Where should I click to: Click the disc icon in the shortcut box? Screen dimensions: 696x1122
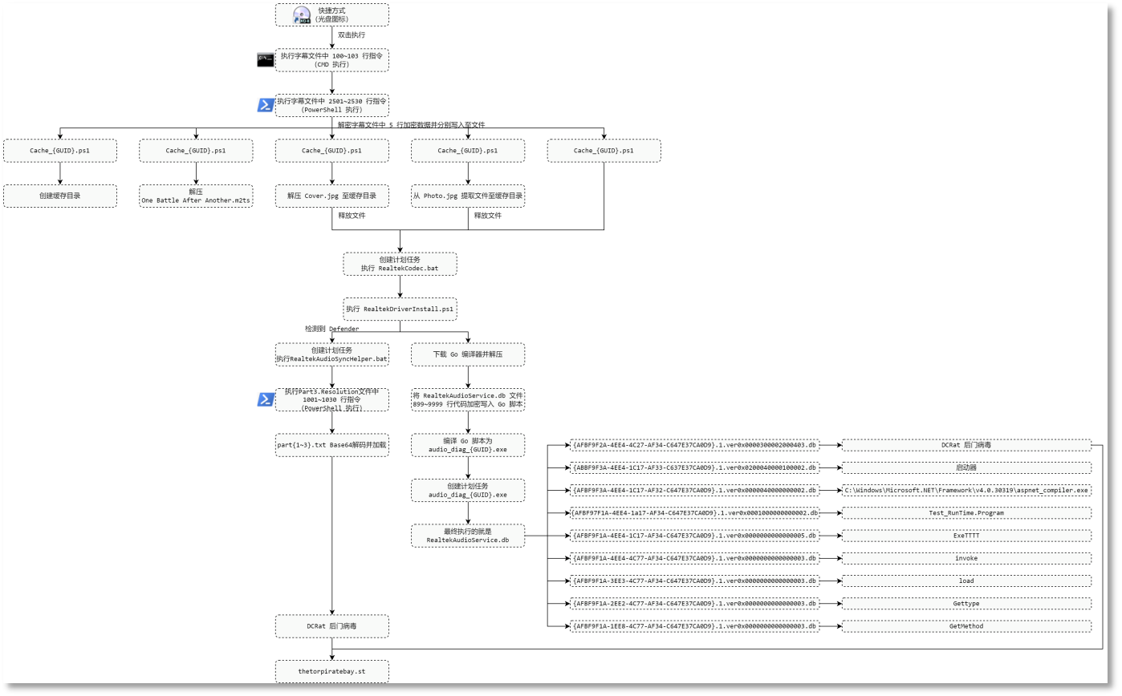click(302, 15)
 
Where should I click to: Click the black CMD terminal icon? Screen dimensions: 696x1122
click(265, 60)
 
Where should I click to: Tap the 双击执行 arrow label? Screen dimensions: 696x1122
click(351, 35)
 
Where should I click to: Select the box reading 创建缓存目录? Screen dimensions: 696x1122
click(60, 196)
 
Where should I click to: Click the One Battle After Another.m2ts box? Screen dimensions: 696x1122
click(196, 196)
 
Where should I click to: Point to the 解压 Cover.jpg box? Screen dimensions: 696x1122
click(331, 196)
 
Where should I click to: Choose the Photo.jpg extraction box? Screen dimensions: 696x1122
click(468, 196)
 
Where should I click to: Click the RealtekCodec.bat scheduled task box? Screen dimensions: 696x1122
click(400, 264)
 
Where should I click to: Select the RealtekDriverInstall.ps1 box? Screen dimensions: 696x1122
click(400, 309)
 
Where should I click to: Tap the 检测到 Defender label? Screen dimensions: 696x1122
click(331, 329)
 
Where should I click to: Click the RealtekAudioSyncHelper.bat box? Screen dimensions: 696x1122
click(331, 354)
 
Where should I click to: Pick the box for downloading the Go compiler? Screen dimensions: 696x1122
click(468, 354)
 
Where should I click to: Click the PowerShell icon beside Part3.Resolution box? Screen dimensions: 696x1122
click(266, 399)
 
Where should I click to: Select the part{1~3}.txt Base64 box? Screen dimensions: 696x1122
click(331, 445)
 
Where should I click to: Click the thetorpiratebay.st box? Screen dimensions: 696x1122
click(331, 671)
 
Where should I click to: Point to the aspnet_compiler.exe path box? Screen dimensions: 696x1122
click(966, 490)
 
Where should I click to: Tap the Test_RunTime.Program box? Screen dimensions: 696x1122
click(966, 512)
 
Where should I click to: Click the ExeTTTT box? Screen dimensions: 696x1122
click(966, 535)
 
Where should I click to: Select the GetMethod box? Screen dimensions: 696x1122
click(966, 626)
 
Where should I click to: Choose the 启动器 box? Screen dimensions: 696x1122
click(966, 467)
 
